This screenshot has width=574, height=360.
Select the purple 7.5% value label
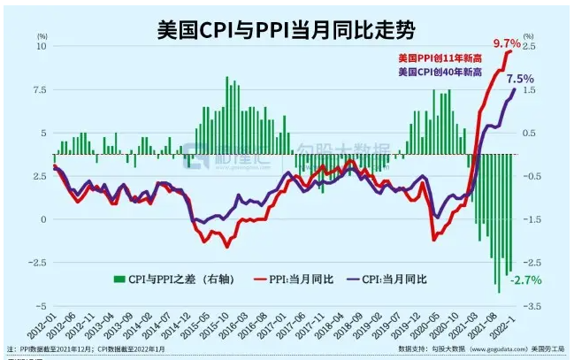point(520,79)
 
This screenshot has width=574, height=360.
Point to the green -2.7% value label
point(524,280)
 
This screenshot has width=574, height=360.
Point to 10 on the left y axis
point(42,46)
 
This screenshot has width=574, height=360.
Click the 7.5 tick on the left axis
point(39,89)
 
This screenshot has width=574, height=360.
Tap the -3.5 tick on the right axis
point(532,306)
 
